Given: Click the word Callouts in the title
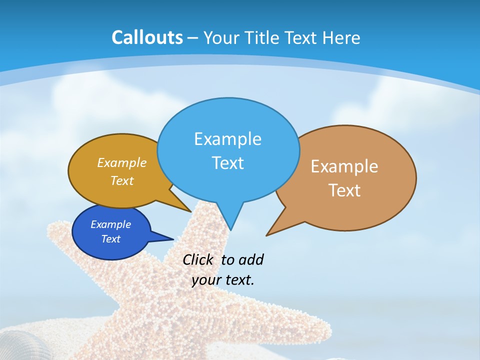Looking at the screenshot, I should pos(147,37).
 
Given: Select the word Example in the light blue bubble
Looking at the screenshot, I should pos(227,139).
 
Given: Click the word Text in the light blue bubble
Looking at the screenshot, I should pos(227,163).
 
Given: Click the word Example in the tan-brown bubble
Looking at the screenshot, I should pos(344,166).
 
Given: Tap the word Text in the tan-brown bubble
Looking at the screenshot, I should pos(344,190).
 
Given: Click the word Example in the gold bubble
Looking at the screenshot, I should pos(122,163).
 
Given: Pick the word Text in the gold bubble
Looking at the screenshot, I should pos(122,181).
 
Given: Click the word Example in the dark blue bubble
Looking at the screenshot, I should pos(110,224).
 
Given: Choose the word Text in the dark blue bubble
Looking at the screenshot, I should pos(110,239).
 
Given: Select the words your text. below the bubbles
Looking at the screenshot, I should pos(223,280).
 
